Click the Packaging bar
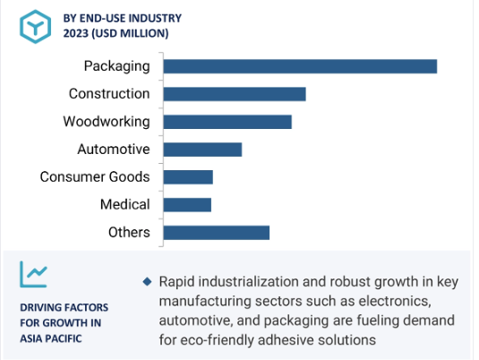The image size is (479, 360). click(300, 66)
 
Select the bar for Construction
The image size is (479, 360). click(235, 94)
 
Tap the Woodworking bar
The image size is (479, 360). click(227, 122)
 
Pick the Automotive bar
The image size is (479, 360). click(202, 150)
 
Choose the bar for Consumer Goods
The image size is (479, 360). click(188, 177)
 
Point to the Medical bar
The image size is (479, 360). click(187, 205)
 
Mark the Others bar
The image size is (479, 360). click(217, 233)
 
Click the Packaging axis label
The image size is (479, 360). click(117, 66)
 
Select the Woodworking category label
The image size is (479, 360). click(107, 122)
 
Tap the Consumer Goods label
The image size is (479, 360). click(95, 177)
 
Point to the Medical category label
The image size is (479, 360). click(125, 204)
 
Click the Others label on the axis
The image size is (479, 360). click(129, 232)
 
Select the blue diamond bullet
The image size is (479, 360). click(147, 281)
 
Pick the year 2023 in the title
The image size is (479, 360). click(76, 33)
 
